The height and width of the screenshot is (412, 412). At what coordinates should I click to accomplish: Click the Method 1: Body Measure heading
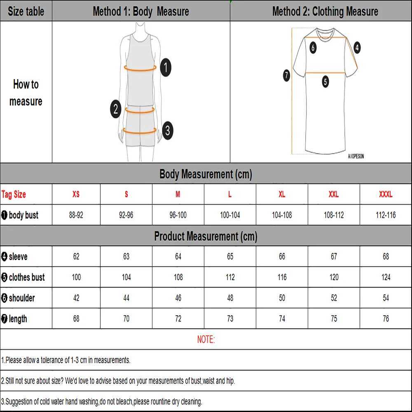[x=141, y=11]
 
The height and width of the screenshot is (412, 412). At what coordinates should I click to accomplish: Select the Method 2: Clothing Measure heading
[x=325, y=11]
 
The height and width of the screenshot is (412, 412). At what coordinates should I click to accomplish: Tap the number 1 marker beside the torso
[x=165, y=67]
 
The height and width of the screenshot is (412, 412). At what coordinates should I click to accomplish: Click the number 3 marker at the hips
[x=167, y=131]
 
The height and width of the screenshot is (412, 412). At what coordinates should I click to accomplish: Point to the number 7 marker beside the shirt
[x=287, y=75]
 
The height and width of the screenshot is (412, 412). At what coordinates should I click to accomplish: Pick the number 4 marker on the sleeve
[x=357, y=47]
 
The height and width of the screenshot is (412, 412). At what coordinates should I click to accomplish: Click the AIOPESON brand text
[x=356, y=157]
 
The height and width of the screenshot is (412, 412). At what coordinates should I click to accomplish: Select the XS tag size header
[x=76, y=194]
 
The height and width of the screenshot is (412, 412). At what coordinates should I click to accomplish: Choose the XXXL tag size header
[x=386, y=194]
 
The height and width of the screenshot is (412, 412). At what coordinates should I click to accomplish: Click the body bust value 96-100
[x=178, y=215]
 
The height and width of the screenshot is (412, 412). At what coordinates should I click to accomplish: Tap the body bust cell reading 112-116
[x=386, y=215]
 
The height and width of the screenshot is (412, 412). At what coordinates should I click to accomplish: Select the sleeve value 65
[x=230, y=257]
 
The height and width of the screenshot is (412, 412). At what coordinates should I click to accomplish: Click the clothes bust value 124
[x=386, y=277]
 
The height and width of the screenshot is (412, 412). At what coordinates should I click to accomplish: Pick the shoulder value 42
[x=76, y=298]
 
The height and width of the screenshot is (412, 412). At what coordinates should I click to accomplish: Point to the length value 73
[x=230, y=318]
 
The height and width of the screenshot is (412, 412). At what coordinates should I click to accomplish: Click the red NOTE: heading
[x=206, y=339]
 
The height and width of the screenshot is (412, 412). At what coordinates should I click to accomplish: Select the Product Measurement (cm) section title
[x=206, y=236]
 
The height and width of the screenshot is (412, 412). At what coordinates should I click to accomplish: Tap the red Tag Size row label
[x=14, y=194]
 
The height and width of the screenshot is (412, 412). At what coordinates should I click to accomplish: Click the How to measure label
[x=26, y=93]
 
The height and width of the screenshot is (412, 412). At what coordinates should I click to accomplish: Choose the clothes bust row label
[x=23, y=277]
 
